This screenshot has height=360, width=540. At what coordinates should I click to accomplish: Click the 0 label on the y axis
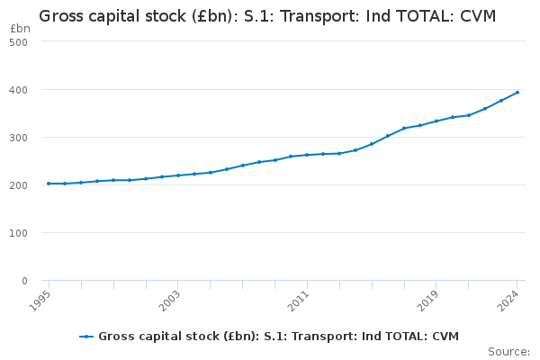tap(23, 281)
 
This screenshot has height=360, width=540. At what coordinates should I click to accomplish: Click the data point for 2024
tap(517, 92)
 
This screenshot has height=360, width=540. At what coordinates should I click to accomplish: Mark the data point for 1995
tap(49, 184)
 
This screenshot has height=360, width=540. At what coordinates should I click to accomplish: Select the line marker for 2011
tap(307, 155)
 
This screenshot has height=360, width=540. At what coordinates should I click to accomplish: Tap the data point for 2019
tap(436, 121)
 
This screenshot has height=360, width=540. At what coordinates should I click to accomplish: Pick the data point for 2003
tap(178, 175)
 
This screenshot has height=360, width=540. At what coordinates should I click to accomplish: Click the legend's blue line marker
tap(86, 337)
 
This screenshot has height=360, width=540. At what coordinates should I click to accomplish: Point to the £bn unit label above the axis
tap(20, 29)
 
